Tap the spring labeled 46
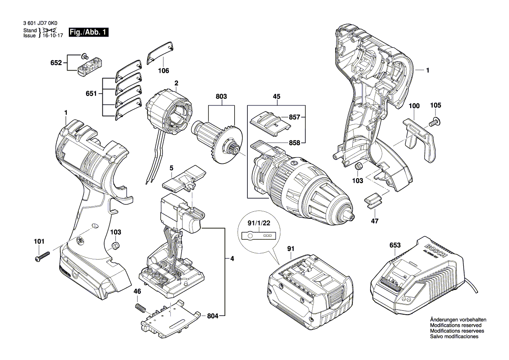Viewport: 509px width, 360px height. [140, 307]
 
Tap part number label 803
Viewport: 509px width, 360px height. [221, 96]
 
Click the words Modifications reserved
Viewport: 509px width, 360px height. [455, 326]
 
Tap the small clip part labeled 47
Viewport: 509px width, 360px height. [372, 200]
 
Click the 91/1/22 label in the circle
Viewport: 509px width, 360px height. [257, 224]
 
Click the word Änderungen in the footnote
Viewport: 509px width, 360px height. [444, 320]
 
